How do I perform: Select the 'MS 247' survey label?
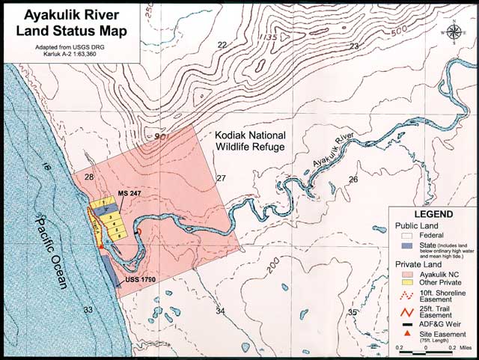click(x=129, y=194)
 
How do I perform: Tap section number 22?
click(x=222, y=46)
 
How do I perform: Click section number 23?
click(x=354, y=47)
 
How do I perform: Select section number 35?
click(x=352, y=311)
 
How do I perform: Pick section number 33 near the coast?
click(x=88, y=309)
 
